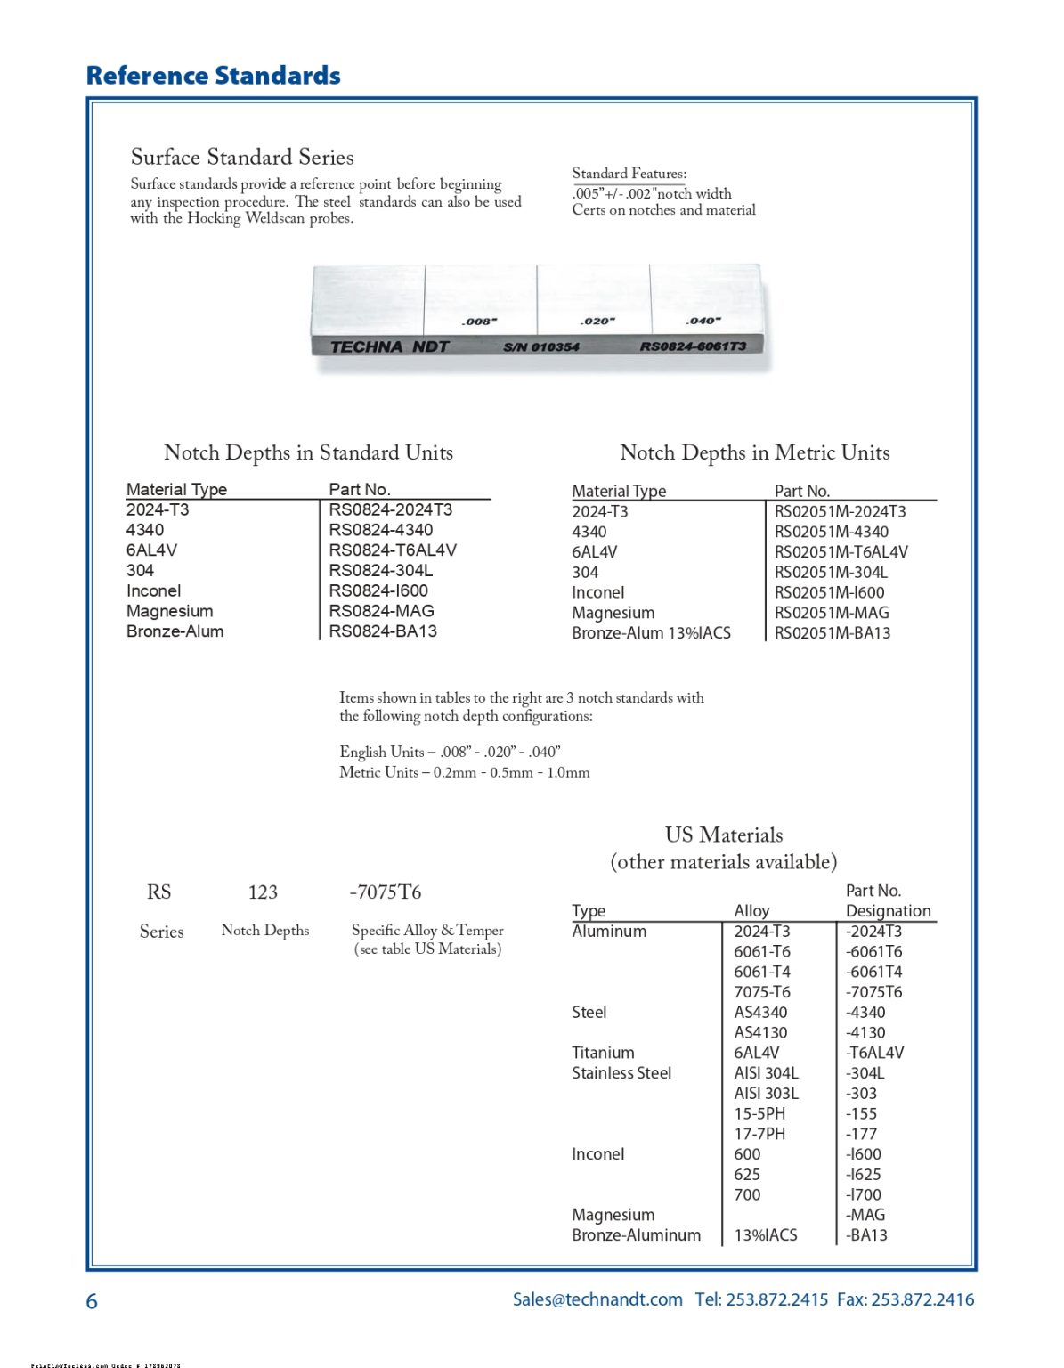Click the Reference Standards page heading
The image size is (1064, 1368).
[213, 76]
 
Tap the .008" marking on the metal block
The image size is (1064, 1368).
[479, 322]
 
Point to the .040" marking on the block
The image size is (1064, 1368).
[703, 321]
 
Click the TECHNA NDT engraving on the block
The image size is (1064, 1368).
[389, 346]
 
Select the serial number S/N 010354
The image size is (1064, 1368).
[540, 346]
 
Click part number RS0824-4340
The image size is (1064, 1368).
[380, 530]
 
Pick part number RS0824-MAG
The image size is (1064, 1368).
[381, 611]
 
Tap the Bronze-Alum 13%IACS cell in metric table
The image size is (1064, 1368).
[651, 633]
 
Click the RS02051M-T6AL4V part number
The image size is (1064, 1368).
[841, 552]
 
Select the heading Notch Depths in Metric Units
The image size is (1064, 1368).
[754, 452]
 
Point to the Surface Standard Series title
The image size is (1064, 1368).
[242, 158]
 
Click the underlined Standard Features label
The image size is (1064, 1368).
[629, 174]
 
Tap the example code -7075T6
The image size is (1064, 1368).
[385, 892]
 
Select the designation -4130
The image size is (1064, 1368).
[865, 1033]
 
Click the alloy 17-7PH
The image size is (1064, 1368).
[759, 1134]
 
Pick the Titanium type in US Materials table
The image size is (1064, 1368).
[603, 1053]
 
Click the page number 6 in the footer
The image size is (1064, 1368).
[92, 1302]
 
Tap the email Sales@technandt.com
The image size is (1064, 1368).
[597, 1299]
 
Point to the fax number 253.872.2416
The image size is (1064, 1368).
[922, 1299]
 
